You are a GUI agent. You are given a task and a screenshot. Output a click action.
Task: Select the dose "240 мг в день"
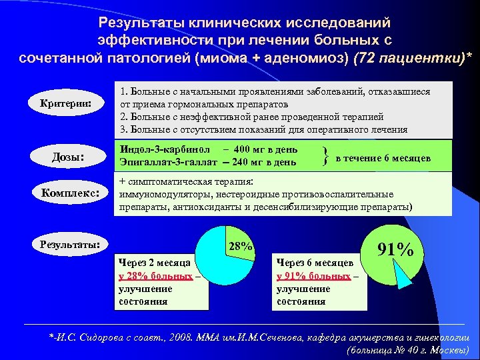click(x=264, y=162)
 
